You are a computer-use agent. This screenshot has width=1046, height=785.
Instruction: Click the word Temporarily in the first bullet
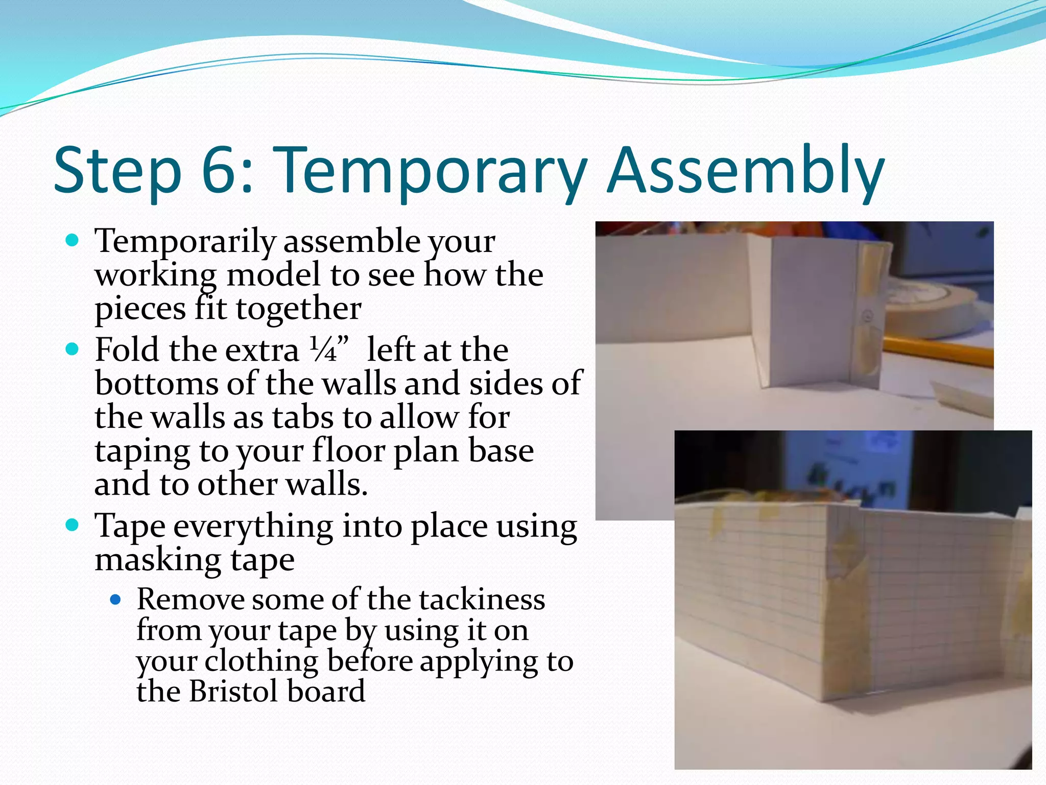tap(185, 241)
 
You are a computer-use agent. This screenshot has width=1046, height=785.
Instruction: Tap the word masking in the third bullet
tap(158, 561)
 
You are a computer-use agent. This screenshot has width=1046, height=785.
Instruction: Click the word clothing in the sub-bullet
tap(261, 661)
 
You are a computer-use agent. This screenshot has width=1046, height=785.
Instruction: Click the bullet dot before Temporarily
tap(73, 240)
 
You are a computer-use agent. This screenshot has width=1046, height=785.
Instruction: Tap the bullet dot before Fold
tap(73, 350)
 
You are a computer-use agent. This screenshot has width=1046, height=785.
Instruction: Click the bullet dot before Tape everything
tap(73, 525)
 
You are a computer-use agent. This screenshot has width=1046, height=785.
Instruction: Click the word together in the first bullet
tap(298, 309)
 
